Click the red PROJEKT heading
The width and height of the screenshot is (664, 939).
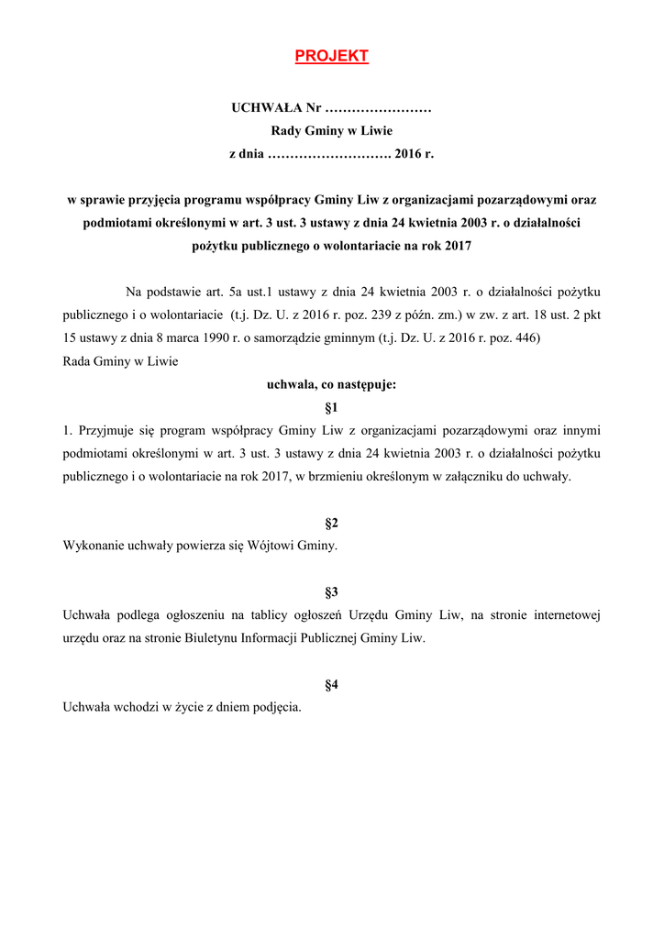(331, 57)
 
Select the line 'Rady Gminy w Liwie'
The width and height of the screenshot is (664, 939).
(331, 132)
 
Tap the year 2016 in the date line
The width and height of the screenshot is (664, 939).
(405, 155)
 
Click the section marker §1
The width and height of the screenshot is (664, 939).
(332, 406)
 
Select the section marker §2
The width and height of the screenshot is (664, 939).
(332, 524)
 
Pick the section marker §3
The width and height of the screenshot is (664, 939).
(332, 592)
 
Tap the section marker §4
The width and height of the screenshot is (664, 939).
(332, 685)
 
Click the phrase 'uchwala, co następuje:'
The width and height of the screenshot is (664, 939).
(331, 385)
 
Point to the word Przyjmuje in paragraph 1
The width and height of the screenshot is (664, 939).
(106, 430)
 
